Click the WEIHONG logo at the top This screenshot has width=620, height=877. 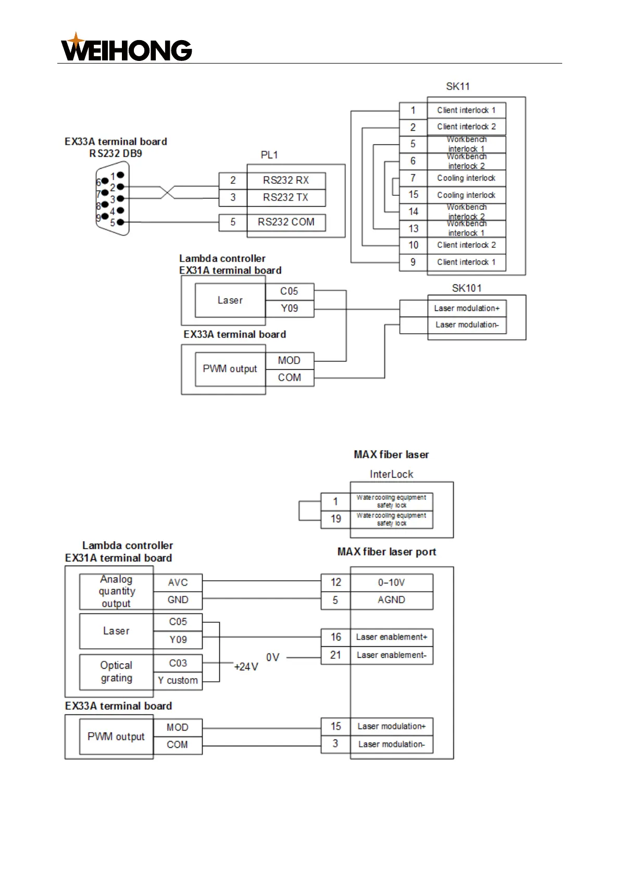point(126,48)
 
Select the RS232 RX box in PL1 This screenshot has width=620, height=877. point(286,180)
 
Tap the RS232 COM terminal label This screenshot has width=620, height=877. point(286,222)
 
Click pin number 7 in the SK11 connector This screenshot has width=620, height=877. point(413,178)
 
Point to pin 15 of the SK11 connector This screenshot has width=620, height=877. point(413,195)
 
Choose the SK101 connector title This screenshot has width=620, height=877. point(466,288)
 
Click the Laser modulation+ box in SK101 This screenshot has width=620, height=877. point(466,308)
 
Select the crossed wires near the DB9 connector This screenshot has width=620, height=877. point(167,192)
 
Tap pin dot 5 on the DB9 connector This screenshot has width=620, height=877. point(120,222)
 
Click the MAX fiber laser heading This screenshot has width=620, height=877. point(391,455)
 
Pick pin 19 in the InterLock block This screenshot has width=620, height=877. point(336,519)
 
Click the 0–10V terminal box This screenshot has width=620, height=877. point(391,582)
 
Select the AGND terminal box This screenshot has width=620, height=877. point(391,600)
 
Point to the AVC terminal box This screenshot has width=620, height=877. point(178,583)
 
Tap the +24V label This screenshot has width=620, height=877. point(246,667)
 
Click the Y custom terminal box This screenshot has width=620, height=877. point(178,680)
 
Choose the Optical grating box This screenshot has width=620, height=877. point(116,672)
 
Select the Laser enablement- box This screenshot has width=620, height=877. point(391,655)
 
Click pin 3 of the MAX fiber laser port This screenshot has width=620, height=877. point(336,744)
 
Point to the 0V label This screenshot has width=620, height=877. point(272,657)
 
